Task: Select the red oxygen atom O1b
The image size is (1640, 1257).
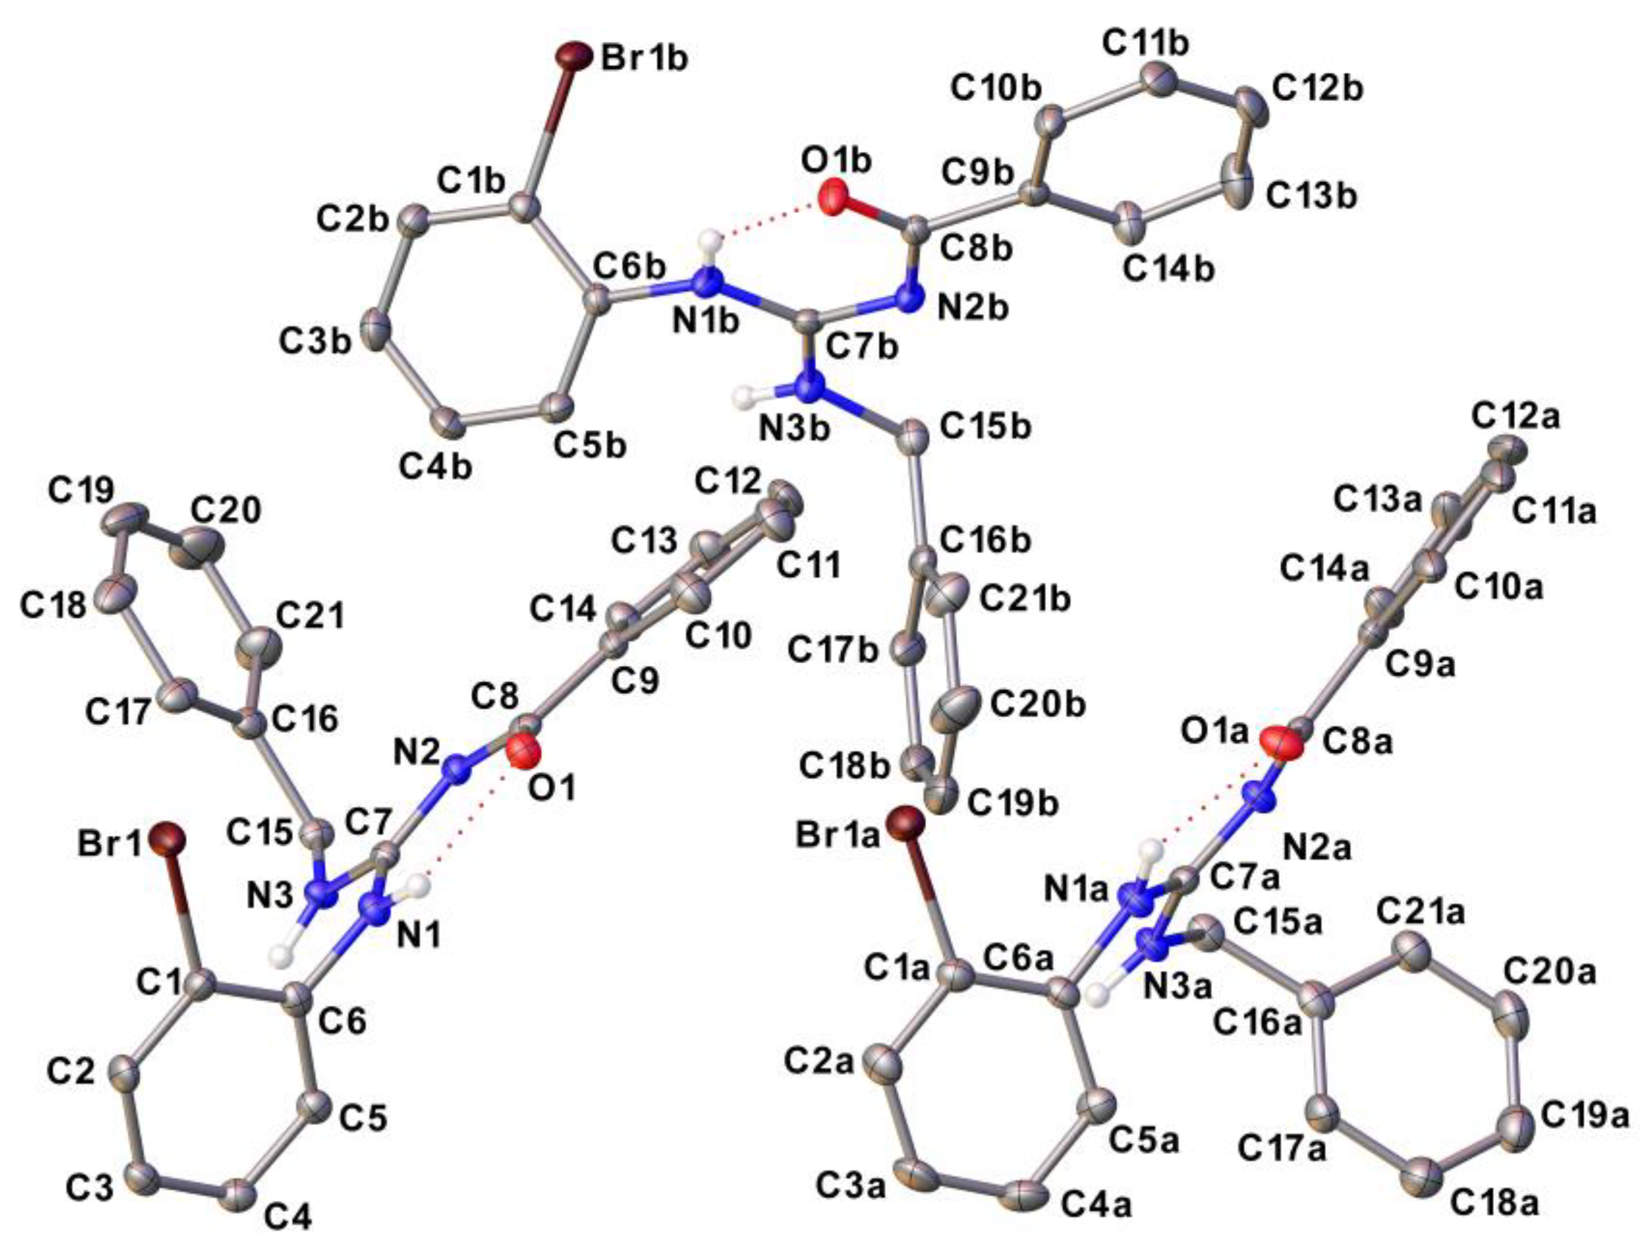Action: (x=834, y=198)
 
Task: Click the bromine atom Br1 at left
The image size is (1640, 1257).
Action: (x=166, y=838)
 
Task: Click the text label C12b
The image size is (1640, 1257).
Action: (x=1318, y=89)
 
